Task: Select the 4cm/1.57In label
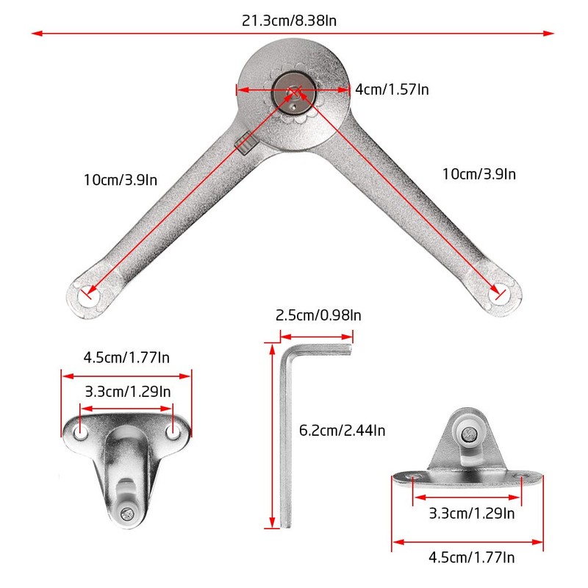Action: (x=392, y=89)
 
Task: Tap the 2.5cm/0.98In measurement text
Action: (x=318, y=315)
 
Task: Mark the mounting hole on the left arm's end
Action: (x=90, y=295)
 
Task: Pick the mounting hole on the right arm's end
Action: (x=500, y=295)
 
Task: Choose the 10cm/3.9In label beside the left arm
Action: (x=121, y=179)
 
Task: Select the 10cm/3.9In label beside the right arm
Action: (x=479, y=173)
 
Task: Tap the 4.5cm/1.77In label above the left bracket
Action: (x=126, y=358)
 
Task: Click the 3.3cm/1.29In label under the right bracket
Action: (x=468, y=512)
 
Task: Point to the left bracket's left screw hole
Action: (x=81, y=431)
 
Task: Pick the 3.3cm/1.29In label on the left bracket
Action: (x=126, y=392)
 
